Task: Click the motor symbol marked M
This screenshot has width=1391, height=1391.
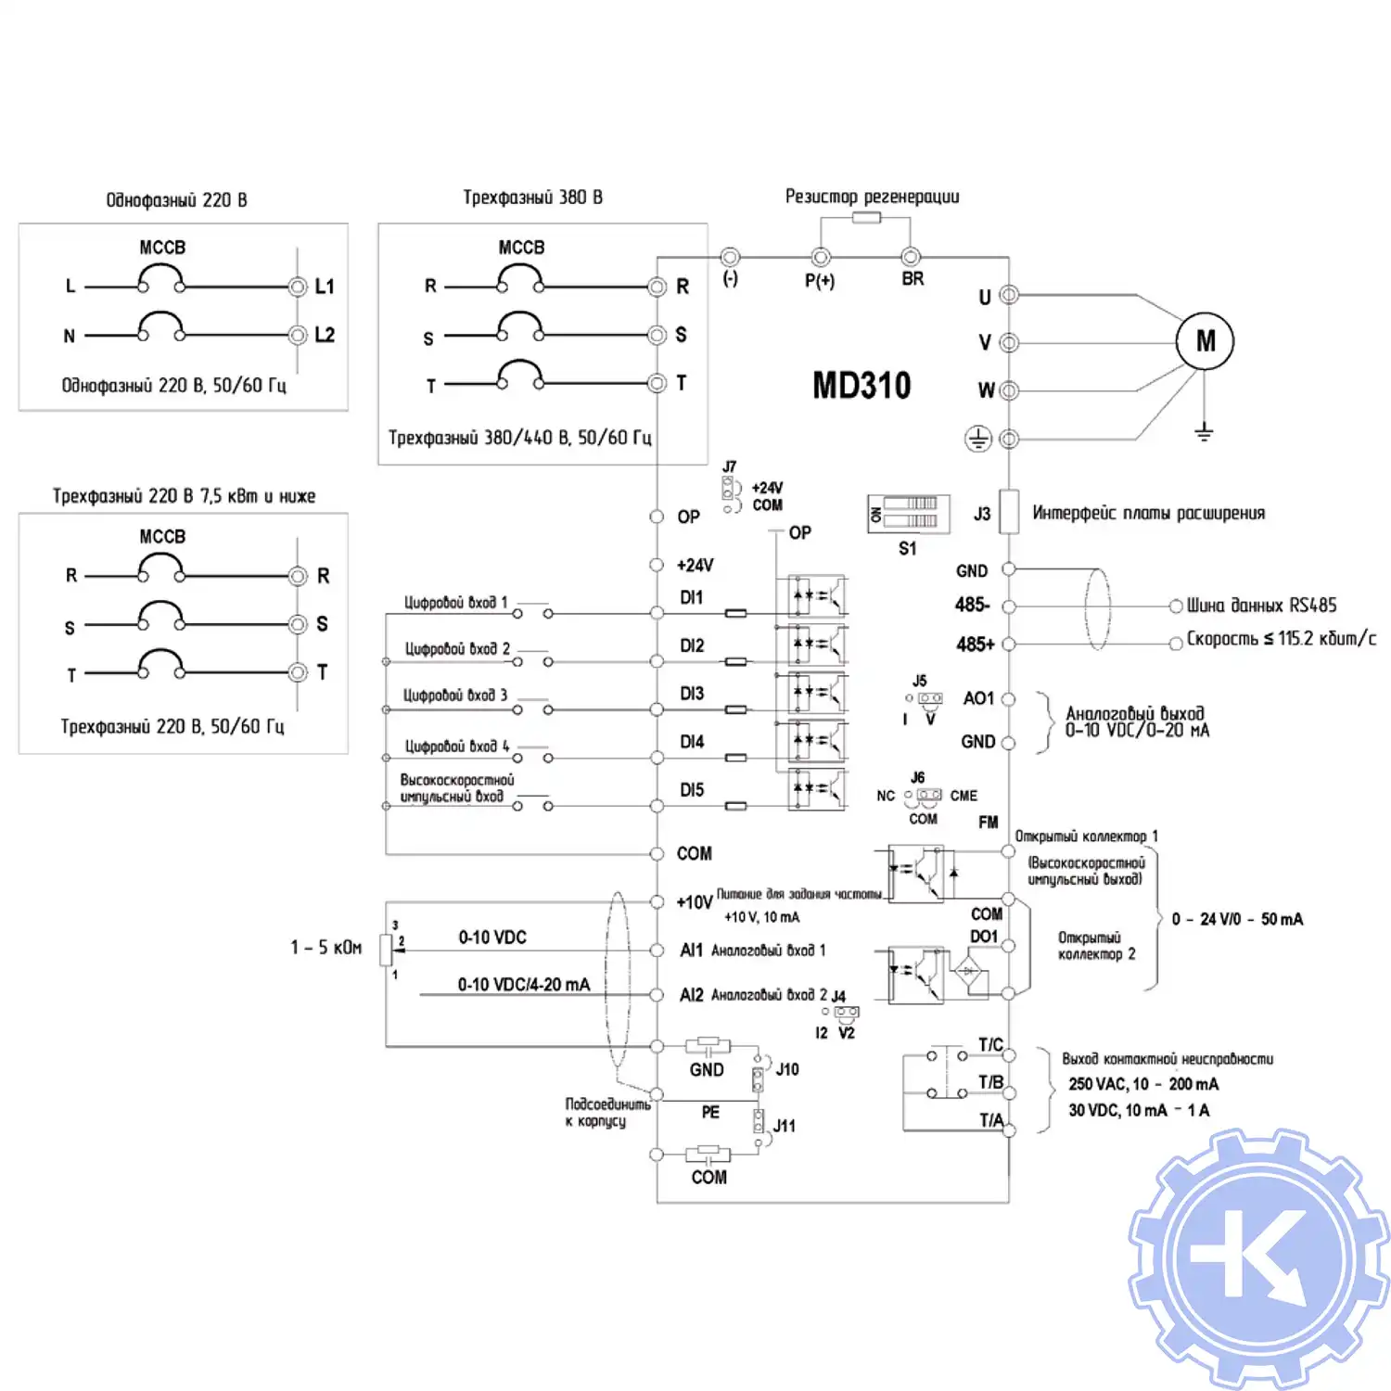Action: pyautogui.click(x=1205, y=341)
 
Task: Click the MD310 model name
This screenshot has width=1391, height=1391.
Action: pyautogui.click(x=861, y=385)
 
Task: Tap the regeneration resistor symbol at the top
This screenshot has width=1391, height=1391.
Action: pyautogui.click(x=866, y=218)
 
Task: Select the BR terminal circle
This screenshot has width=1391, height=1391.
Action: pyautogui.click(x=911, y=257)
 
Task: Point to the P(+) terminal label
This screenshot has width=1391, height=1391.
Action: pyautogui.click(x=820, y=280)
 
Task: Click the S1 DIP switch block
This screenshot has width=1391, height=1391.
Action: pyautogui.click(x=909, y=513)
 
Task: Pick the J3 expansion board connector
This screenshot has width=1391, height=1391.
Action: pyautogui.click(x=1009, y=512)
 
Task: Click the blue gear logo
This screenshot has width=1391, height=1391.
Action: pyautogui.click(x=1258, y=1258)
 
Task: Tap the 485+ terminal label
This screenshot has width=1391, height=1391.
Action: pyautogui.click(x=975, y=644)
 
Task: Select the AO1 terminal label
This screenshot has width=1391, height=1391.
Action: pyautogui.click(x=978, y=698)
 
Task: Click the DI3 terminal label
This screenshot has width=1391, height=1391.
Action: pyautogui.click(x=692, y=694)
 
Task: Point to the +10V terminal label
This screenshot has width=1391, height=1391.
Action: pyautogui.click(x=695, y=902)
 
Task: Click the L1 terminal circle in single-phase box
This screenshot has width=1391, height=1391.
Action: pyautogui.click(x=298, y=287)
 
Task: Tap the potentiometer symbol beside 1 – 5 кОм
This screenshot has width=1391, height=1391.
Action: pyautogui.click(x=387, y=949)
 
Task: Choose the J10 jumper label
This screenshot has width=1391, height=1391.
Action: pyautogui.click(x=787, y=1069)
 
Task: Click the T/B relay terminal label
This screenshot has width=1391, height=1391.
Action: pyautogui.click(x=990, y=1082)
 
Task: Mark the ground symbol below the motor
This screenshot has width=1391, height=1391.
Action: pyautogui.click(x=1204, y=431)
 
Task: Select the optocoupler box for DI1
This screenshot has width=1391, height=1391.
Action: pyautogui.click(x=817, y=596)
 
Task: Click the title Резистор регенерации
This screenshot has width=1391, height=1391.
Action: pyautogui.click(x=872, y=197)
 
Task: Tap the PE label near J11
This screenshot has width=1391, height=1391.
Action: pyautogui.click(x=710, y=1112)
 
